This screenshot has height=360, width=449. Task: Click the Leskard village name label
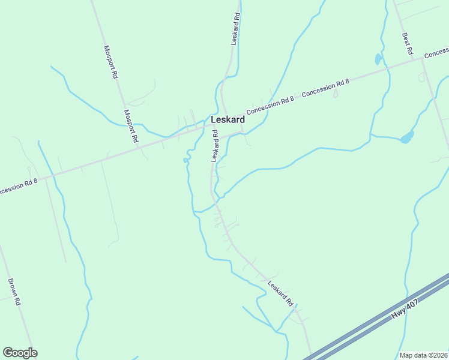click(228, 120)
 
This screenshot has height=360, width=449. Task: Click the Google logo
click(20, 353)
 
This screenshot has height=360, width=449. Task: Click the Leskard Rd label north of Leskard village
click(235, 29)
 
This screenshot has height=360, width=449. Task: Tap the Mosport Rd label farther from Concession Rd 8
click(110, 63)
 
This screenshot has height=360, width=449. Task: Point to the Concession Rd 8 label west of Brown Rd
click(18, 187)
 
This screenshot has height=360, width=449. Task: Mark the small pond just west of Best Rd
click(378, 59)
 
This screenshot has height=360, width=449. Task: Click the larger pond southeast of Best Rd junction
click(407, 137)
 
